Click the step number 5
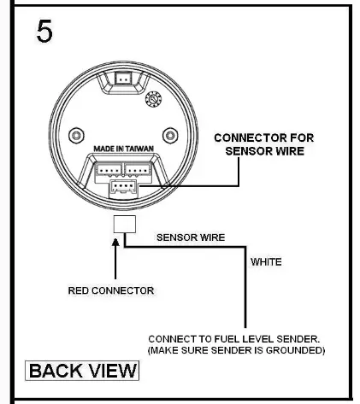(x=44, y=32)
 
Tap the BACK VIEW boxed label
(x=83, y=370)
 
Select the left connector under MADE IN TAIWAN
(x=109, y=169)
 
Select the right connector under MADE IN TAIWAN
(x=138, y=169)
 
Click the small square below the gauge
(x=124, y=225)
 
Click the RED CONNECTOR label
(x=112, y=290)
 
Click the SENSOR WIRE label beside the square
(x=190, y=237)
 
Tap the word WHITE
(x=266, y=262)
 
